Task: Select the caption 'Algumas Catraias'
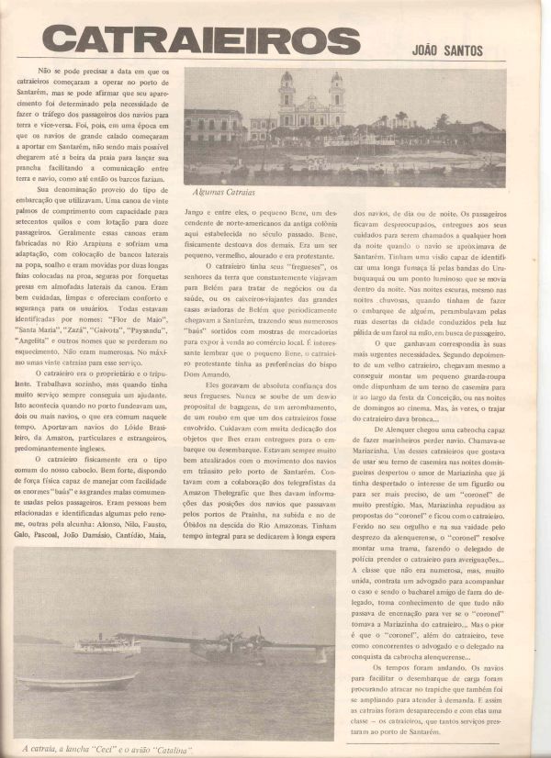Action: (224, 193)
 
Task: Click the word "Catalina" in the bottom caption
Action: (172, 750)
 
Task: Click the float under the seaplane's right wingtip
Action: (319, 653)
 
